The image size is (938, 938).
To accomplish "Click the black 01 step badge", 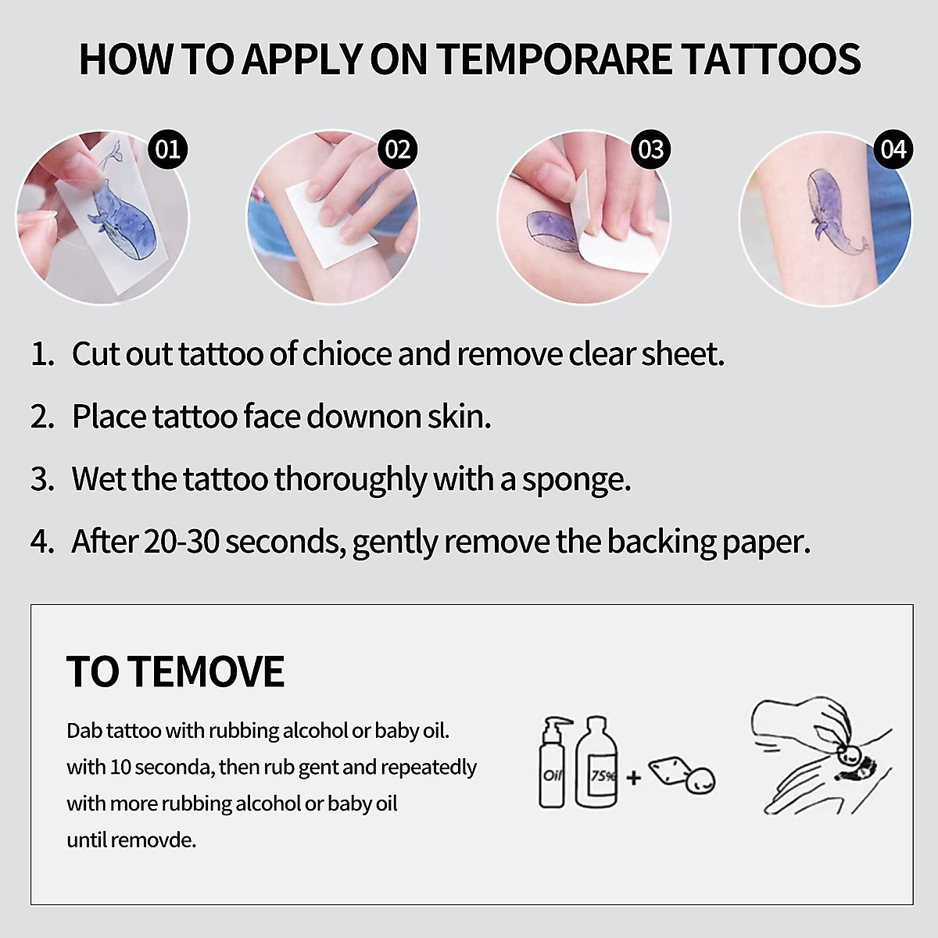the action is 168,149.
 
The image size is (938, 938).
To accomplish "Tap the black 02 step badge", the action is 398,149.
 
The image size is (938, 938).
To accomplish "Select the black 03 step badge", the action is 651,149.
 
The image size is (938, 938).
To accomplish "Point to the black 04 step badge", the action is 893,149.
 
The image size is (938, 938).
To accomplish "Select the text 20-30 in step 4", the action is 181,542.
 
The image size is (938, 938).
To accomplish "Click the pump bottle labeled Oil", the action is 553,762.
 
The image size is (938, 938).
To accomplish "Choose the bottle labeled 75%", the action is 596,762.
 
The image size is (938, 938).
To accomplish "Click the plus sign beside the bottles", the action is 633,778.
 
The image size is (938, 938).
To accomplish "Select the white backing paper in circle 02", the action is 331,224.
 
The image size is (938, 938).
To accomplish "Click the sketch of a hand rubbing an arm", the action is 822,755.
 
